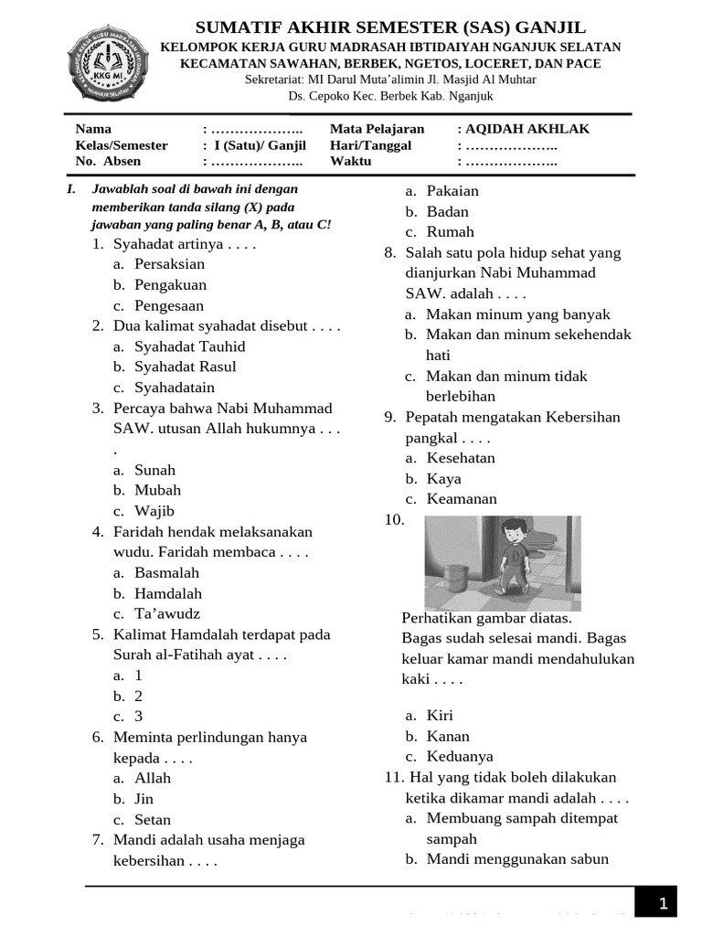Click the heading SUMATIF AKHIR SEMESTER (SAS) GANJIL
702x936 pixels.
391,27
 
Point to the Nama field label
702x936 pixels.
93,129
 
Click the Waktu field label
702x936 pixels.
351,161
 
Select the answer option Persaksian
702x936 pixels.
169,264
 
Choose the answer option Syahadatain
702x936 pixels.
175,388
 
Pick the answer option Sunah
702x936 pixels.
154,470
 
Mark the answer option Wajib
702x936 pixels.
154,511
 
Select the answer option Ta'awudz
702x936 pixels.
166,613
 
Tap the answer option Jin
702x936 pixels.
144,799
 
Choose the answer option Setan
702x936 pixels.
152,820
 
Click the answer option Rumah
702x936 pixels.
450,232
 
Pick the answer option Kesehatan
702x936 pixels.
461,458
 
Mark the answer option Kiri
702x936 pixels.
440,716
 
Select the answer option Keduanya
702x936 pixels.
460,757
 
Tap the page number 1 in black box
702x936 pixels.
663,904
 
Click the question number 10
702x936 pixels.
394,520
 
